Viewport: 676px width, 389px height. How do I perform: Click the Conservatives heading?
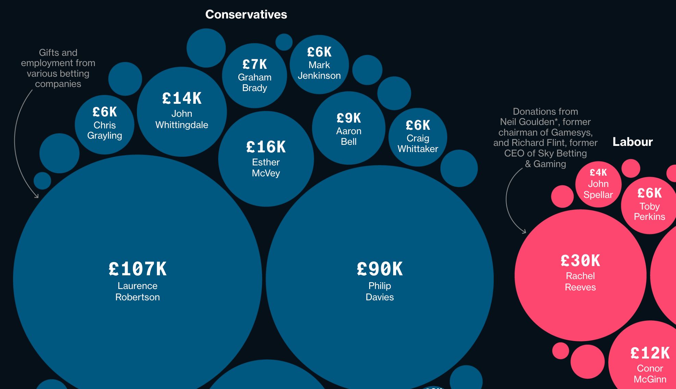tap(246, 14)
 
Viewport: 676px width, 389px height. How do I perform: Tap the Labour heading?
tap(633, 142)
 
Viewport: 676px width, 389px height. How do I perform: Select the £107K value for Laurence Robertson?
tap(138, 269)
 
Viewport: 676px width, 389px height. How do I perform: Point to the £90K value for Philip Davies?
tap(379, 269)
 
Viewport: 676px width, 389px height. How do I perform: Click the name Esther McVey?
tap(266, 167)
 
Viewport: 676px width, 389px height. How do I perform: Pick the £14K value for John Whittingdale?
tap(182, 99)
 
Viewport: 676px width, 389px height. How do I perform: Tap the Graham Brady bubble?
tap(254, 76)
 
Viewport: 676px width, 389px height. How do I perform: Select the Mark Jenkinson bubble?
tap(319, 64)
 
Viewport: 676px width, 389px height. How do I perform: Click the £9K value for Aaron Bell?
tap(349, 118)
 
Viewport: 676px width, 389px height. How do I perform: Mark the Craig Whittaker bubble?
tap(418, 137)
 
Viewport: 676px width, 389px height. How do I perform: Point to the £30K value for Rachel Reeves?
tap(580, 261)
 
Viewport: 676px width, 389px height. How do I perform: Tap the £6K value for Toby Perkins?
tap(649, 193)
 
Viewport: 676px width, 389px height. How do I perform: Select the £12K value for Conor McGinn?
tap(650, 353)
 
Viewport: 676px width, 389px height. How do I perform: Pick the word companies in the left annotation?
tap(58, 84)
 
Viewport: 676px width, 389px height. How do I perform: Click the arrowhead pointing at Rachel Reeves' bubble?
tap(524, 232)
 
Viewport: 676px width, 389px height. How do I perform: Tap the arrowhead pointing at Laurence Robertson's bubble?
tap(36, 196)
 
